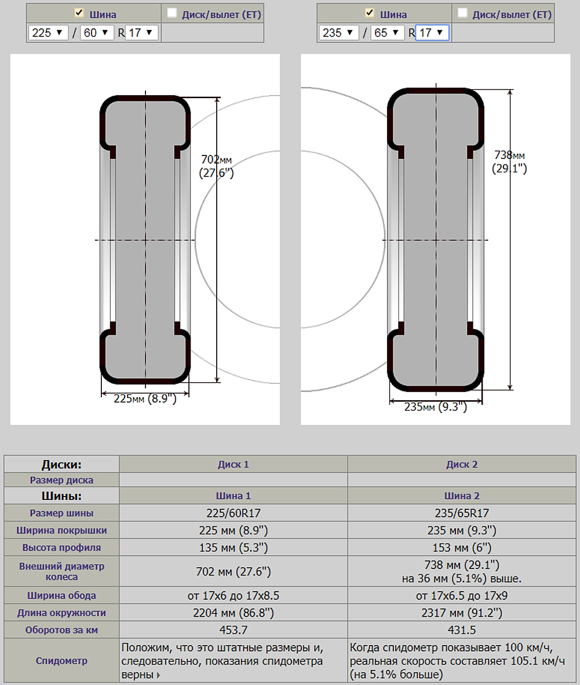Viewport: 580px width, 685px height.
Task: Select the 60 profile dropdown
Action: click(97, 33)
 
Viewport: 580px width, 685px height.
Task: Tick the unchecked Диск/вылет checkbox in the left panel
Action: click(172, 13)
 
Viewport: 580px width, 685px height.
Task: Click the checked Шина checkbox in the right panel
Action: click(369, 13)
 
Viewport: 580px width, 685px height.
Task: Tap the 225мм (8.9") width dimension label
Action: click(145, 398)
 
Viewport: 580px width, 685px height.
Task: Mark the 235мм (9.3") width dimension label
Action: click(436, 407)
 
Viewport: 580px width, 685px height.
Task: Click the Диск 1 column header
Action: click(233, 465)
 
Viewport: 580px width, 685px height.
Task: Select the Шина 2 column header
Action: click(462, 496)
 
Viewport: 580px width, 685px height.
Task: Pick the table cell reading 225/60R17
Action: click(233, 513)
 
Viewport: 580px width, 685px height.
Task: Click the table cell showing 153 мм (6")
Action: click(462, 548)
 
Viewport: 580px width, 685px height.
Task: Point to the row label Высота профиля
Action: click(61, 548)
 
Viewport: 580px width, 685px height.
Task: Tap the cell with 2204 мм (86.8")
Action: click(233, 612)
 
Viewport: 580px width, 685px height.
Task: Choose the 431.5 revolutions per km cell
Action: click(462, 630)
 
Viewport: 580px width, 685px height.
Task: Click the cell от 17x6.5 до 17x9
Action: click(462, 596)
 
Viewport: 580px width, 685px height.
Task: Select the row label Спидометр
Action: click(61, 661)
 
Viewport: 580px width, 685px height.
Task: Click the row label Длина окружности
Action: click(61, 612)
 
